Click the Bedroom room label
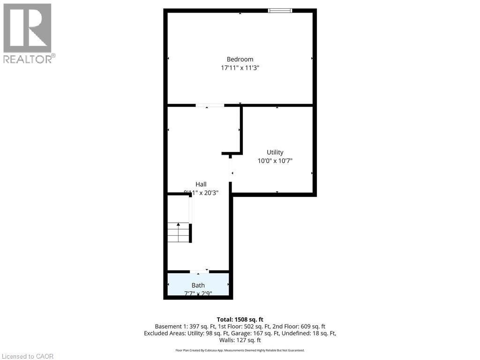(240, 59)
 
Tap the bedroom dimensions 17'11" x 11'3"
(240, 68)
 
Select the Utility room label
(275, 152)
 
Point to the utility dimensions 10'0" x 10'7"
(278, 161)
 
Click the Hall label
(201, 184)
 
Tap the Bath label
(198, 285)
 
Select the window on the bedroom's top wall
(280, 10)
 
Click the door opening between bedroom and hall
(210, 105)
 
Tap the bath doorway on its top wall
(199, 271)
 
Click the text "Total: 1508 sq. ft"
(240, 319)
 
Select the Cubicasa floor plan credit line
(240, 350)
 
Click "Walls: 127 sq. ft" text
(240, 340)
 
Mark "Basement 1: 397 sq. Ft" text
(185, 326)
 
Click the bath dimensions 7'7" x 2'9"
(198, 293)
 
